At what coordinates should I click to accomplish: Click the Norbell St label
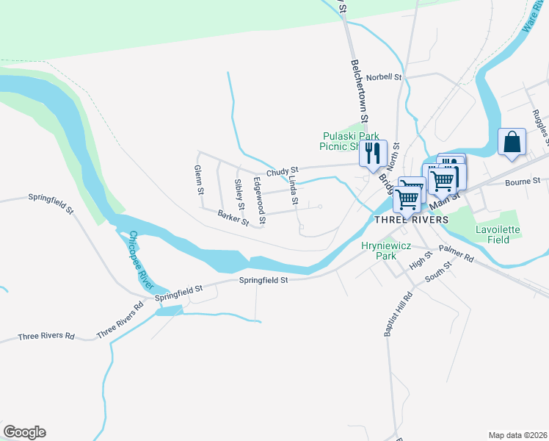click(385, 76)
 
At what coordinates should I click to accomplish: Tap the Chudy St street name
click(282, 171)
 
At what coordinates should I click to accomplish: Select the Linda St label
click(294, 190)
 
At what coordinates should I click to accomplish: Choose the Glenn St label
click(198, 179)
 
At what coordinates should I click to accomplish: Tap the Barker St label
click(233, 217)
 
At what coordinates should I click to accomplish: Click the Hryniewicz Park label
click(379, 251)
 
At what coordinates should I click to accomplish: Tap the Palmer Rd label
click(457, 254)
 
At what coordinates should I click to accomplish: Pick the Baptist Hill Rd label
click(398, 314)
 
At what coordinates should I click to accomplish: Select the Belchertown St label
click(358, 89)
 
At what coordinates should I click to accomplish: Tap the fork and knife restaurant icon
click(372, 153)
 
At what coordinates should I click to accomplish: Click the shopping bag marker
click(512, 142)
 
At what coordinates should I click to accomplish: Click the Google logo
click(24, 432)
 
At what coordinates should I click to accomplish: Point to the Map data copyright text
click(517, 434)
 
